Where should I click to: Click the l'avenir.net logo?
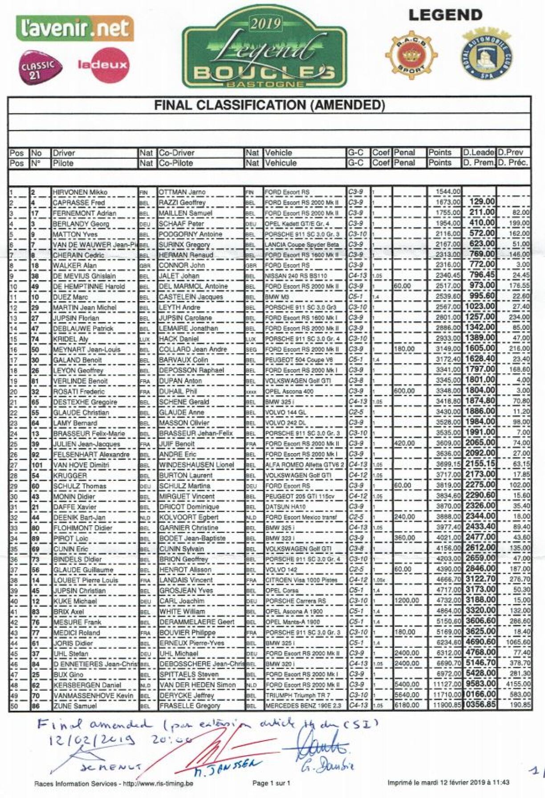pyautogui.click(x=75, y=29)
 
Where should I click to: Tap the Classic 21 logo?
pyautogui.click(x=39, y=67)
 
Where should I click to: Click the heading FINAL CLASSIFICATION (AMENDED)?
pyautogui.click(x=269, y=105)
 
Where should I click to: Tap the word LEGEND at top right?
pyautogui.click(x=445, y=15)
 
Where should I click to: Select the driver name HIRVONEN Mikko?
pyautogui.click(x=80, y=192)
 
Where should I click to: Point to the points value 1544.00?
pyautogui.click(x=448, y=192)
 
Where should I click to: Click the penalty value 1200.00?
pyautogui.click(x=407, y=601)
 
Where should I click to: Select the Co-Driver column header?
pyautogui.click(x=177, y=153)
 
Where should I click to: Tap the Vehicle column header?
pyautogui.click(x=279, y=153)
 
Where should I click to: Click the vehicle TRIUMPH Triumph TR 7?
pyautogui.click(x=297, y=696)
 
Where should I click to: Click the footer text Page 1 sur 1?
pyautogui.click(x=271, y=783)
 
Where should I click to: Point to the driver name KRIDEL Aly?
pyautogui.click(x=71, y=339)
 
